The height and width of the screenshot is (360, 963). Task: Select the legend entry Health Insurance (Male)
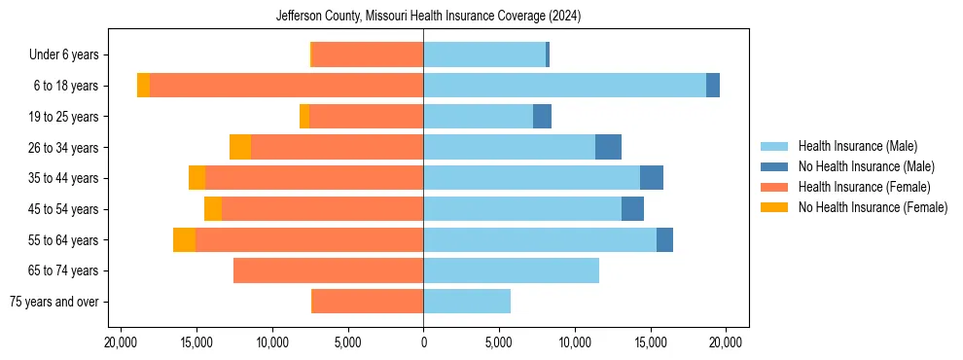(857, 146)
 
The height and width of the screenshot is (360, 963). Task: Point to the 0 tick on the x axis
(423, 342)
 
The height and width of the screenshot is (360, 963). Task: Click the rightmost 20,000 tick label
(727, 342)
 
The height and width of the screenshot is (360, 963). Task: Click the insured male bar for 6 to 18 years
(564, 86)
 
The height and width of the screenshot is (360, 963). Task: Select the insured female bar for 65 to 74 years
(328, 270)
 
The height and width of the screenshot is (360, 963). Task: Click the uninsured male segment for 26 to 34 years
(608, 147)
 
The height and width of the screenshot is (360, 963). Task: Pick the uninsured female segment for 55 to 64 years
(184, 239)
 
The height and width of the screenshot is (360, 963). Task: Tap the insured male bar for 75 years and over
(467, 302)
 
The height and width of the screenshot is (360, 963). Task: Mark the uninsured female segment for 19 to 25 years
(304, 117)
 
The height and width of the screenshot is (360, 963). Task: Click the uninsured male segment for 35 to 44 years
(652, 178)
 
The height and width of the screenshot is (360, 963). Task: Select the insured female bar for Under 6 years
(368, 55)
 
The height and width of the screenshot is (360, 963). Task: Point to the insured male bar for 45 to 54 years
(522, 209)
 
